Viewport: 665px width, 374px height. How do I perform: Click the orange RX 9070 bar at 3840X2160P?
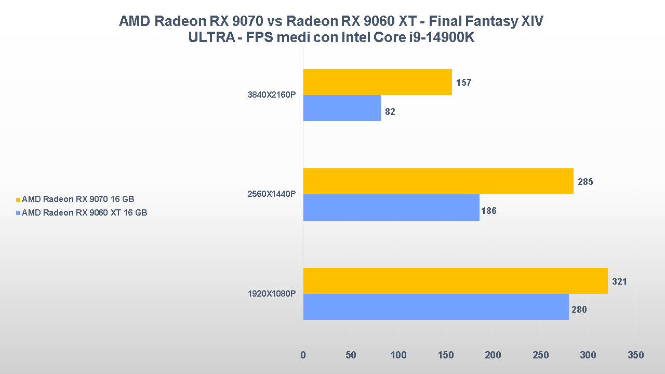pos(377,82)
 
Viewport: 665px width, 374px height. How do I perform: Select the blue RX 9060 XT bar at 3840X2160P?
pos(342,108)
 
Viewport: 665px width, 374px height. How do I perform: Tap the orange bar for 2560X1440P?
pos(438,181)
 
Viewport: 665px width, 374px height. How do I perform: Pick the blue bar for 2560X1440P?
pos(391,207)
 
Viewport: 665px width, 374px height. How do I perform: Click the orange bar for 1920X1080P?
pos(455,281)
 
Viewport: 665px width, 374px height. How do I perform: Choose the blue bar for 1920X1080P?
pos(436,307)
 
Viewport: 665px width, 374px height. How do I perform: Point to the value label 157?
pos(463,83)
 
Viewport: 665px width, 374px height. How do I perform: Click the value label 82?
pos(390,111)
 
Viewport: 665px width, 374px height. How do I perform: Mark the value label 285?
pos(585,182)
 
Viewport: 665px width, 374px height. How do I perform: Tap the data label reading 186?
pos(489,211)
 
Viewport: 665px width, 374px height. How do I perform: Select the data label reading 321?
pos(619,282)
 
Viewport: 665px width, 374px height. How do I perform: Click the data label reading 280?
pos(579,310)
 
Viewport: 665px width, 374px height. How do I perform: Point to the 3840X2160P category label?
pos(272,96)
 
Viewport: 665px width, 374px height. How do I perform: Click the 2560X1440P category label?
pos(272,194)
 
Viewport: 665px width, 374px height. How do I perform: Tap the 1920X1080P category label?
pos(272,294)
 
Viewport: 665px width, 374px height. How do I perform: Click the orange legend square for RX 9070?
pos(18,199)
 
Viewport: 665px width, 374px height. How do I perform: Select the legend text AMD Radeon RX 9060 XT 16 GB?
pos(85,212)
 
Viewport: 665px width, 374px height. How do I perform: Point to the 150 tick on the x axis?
pos(446,355)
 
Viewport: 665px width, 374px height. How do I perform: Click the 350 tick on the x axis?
pos(635,355)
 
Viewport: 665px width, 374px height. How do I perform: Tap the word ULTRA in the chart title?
pos(209,38)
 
